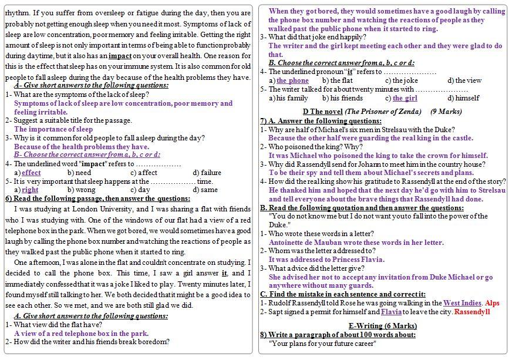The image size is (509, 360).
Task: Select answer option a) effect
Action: [28, 173]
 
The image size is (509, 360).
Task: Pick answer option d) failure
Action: [207, 173]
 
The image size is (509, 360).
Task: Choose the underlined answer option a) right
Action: [26, 190]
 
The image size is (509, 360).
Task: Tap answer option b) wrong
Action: [81, 190]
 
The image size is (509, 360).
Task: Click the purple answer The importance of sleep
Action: [53, 129]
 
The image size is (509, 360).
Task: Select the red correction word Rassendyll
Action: [472, 312]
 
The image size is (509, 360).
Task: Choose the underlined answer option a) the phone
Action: [289, 80]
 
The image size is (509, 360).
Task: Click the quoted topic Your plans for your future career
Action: [322, 344]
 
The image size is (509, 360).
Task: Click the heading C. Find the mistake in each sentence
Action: [343, 294]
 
